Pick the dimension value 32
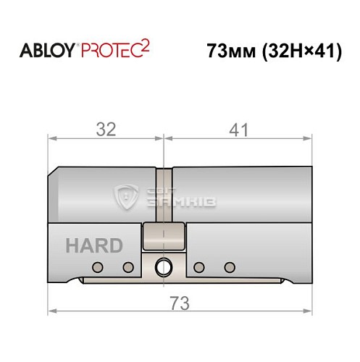(x=106, y=130)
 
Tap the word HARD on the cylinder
(x=94, y=245)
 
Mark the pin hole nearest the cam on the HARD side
(x=128, y=267)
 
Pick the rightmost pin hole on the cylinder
(x=230, y=266)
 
